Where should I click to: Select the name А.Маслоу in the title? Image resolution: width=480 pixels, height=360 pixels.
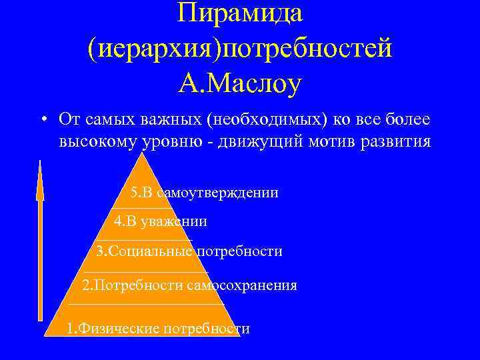click(x=240, y=84)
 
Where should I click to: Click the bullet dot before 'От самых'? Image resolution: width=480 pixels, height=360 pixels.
click(x=42, y=120)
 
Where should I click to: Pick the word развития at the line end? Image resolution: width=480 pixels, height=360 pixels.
click(x=405, y=142)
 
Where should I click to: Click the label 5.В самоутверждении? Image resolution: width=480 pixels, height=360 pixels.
click(x=204, y=193)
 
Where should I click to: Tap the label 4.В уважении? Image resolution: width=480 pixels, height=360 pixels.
click(x=160, y=221)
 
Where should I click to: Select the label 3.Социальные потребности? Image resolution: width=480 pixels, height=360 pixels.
click(x=189, y=251)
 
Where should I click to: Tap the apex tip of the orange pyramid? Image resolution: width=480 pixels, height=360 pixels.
click(x=142, y=154)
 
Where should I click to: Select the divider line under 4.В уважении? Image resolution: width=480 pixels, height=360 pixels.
click(x=143, y=239)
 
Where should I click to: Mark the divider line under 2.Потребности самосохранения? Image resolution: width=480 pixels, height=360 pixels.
click(x=145, y=304)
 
